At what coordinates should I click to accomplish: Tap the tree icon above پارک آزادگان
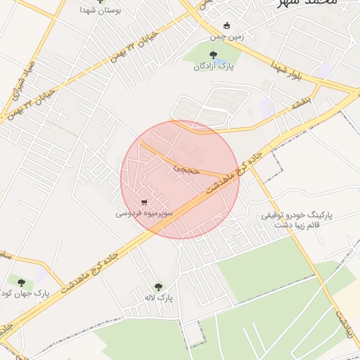click(213, 54)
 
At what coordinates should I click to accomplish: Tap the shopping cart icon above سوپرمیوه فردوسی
click(143, 202)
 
